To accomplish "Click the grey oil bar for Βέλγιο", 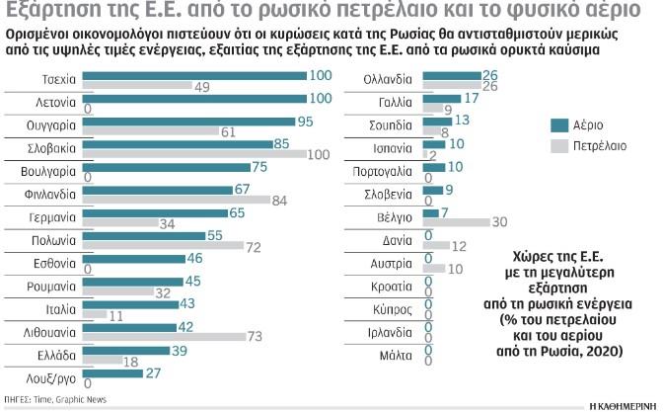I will click(x=454, y=222).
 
